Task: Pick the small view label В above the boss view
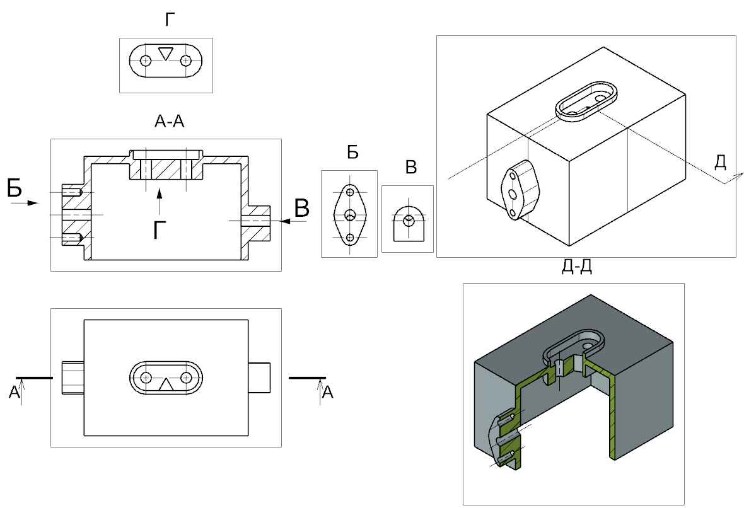tap(410, 168)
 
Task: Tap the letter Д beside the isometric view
tap(720, 163)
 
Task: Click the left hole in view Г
tap(146, 61)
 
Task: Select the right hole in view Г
tap(185, 61)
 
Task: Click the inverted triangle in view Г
tap(165, 54)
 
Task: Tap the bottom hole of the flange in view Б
tap(350, 238)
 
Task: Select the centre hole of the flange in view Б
tap(350, 215)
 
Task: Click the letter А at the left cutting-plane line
tap(14, 393)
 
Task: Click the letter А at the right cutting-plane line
tap(327, 393)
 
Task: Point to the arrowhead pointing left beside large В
tap(285, 221)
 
